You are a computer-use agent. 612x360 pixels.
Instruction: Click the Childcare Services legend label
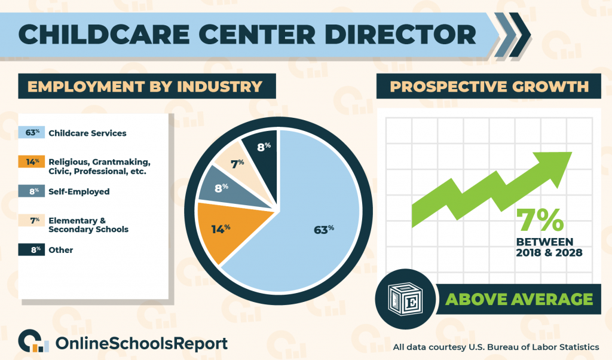click(87, 133)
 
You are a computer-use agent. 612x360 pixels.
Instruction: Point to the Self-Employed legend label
click(79, 191)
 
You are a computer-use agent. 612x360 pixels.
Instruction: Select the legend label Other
click(61, 249)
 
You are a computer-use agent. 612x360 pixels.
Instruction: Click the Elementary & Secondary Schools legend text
click(88, 225)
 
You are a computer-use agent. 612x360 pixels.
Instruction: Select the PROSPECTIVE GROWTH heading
click(489, 87)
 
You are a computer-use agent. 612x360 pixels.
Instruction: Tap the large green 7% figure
click(540, 219)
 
